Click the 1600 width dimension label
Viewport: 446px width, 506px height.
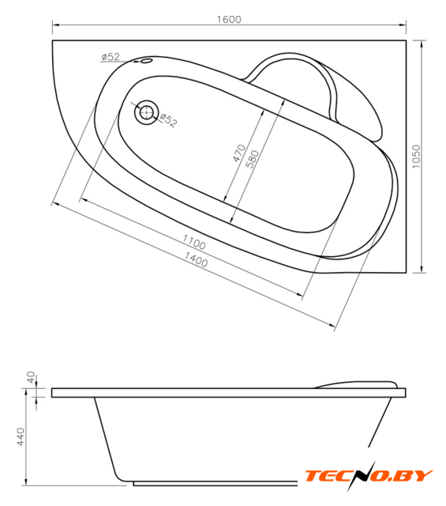coord(229,19)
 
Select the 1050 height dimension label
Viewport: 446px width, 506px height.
coord(416,157)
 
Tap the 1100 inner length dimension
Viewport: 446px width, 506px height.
coord(194,243)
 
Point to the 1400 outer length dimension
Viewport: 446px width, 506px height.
coord(196,259)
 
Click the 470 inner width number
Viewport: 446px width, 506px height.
coord(239,153)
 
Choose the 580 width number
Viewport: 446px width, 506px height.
coord(252,159)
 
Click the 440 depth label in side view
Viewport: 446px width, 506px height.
coord(21,437)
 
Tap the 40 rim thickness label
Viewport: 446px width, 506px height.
coord(31,377)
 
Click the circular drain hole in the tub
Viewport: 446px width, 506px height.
coord(147,112)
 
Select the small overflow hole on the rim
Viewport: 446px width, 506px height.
coord(146,61)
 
